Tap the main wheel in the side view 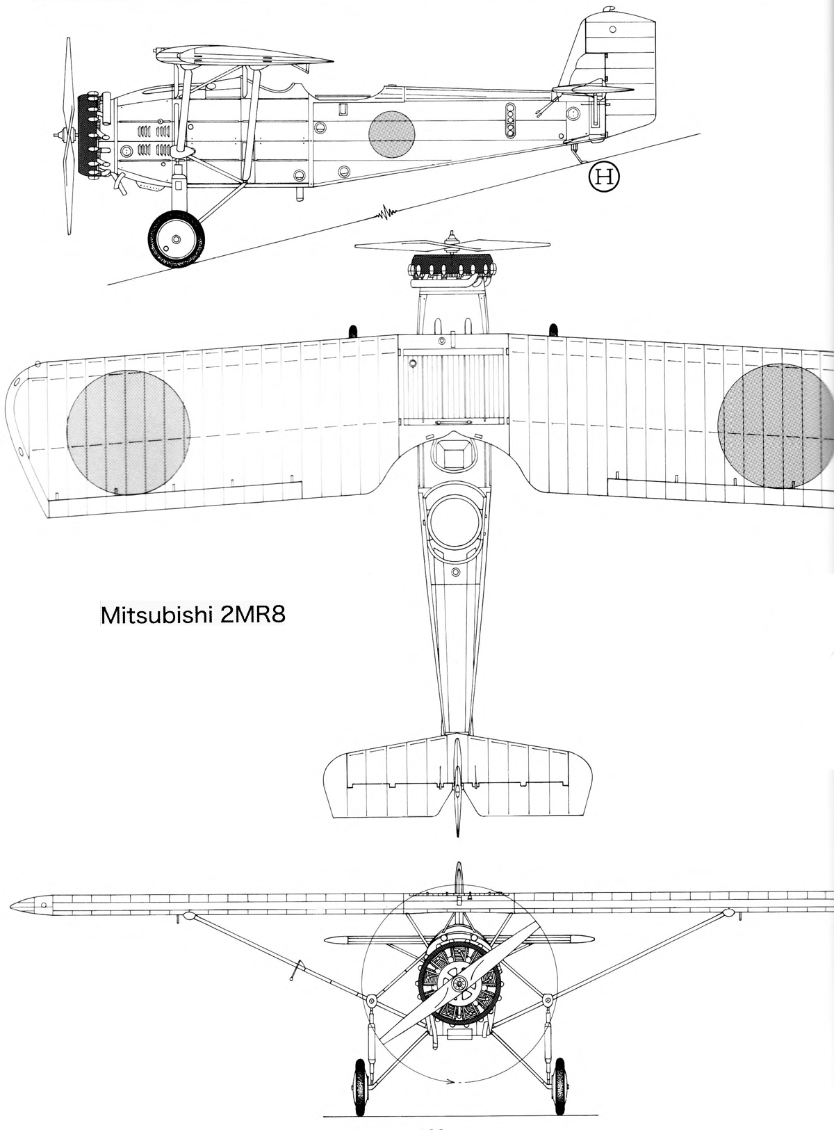[177, 239]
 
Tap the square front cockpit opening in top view [455, 453]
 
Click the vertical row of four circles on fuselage [510, 120]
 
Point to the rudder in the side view [629, 76]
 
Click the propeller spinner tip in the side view [55, 136]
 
